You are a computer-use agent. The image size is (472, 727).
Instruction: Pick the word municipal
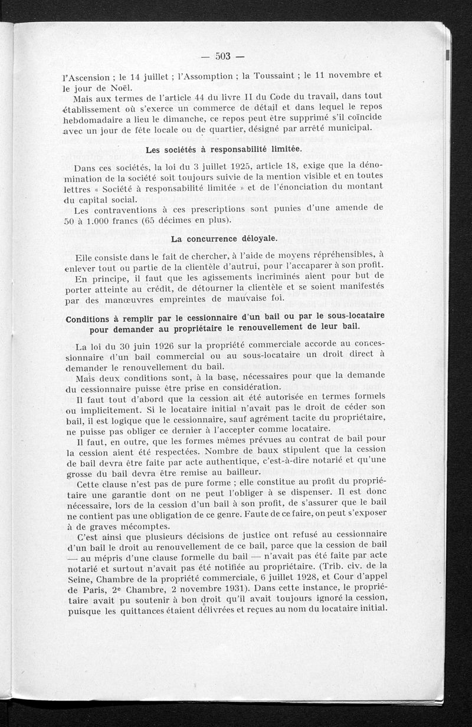352,128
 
